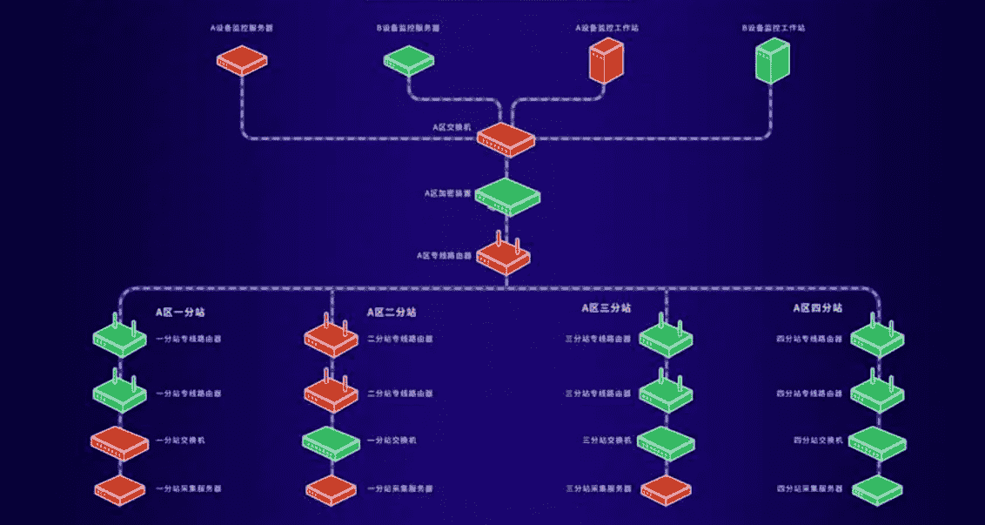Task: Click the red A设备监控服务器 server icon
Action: pyautogui.click(x=241, y=60)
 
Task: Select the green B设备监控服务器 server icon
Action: pyautogui.click(x=409, y=59)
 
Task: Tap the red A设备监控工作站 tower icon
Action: pyautogui.click(x=606, y=60)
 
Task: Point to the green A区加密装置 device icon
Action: pyautogui.click(x=507, y=197)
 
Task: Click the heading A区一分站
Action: pyautogui.click(x=181, y=311)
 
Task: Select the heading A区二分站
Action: pyautogui.click(x=391, y=311)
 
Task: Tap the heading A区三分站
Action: pyautogui.click(x=606, y=308)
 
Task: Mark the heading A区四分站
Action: pyautogui.click(x=817, y=308)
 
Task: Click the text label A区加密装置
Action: pyautogui.click(x=448, y=193)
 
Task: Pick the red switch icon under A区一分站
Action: pyautogui.click(x=119, y=443)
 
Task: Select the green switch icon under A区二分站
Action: pyautogui.click(x=331, y=443)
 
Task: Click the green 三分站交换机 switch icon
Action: pyautogui.click(x=667, y=441)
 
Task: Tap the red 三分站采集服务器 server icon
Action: pyautogui.click(x=667, y=489)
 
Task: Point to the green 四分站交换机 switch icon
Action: pyautogui.click(x=878, y=442)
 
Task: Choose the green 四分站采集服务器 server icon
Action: pyautogui.click(x=877, y=489)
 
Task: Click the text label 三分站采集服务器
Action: pyautogui.click(x=597, y=488)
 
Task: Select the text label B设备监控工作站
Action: pyautogui.click(x=774, y=28)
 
